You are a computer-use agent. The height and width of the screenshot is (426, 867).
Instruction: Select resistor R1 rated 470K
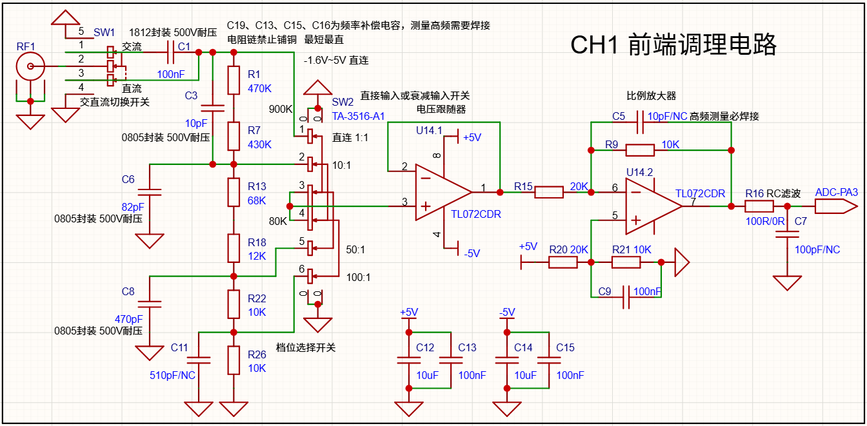click(234, 81)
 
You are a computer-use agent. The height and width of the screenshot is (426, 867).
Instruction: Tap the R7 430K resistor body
click(234, 136)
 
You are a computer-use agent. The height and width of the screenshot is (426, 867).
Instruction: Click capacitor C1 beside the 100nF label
click(170, 52)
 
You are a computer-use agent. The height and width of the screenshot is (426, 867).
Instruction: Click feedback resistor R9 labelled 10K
click(640, 150)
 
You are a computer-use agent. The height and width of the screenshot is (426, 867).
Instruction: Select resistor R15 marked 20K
click(549, 192)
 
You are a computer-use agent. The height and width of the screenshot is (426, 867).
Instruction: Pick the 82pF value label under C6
click(133, 208)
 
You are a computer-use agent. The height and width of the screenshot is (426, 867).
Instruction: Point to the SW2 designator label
click(343, 102)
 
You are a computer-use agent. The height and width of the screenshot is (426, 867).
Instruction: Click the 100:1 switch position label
click(358, 277)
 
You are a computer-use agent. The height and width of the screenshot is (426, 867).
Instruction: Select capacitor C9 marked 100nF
click(626, 297)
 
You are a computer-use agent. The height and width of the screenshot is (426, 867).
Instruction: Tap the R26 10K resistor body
click(234, 360)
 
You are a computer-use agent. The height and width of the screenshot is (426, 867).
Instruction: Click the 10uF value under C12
click(427, 375)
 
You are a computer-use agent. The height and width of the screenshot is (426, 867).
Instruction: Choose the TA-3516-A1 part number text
click(358, 116)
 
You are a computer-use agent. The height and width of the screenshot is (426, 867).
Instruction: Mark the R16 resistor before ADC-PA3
click(759, 206)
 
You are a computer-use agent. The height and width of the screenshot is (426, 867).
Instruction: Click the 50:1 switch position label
click(355, 249)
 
